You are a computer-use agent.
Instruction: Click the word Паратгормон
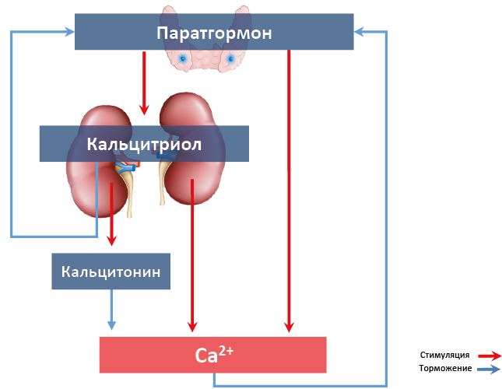pyautogui.click(x=214, y=33)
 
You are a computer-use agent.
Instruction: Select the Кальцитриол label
pyautogui.click(x=144, y=145)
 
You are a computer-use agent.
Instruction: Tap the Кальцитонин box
pyautogui.click(x=111, y=272)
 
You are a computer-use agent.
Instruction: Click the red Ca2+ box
pyautogui.click(x=212, y=356)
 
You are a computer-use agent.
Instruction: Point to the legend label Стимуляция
pyautogui.click(x=444, y=355)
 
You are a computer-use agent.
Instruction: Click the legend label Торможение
pyautogui.click(x=444, y=368)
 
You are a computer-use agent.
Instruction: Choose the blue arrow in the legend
pyautogui.click(x=490, y=369)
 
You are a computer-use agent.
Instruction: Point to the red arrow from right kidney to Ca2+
pyautogui.click(x=191, y=257)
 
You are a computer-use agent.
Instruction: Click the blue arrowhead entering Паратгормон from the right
pyautogui.click(x=360, y=32)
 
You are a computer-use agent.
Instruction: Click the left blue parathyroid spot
pyautogui.click(x=182, y=58)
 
